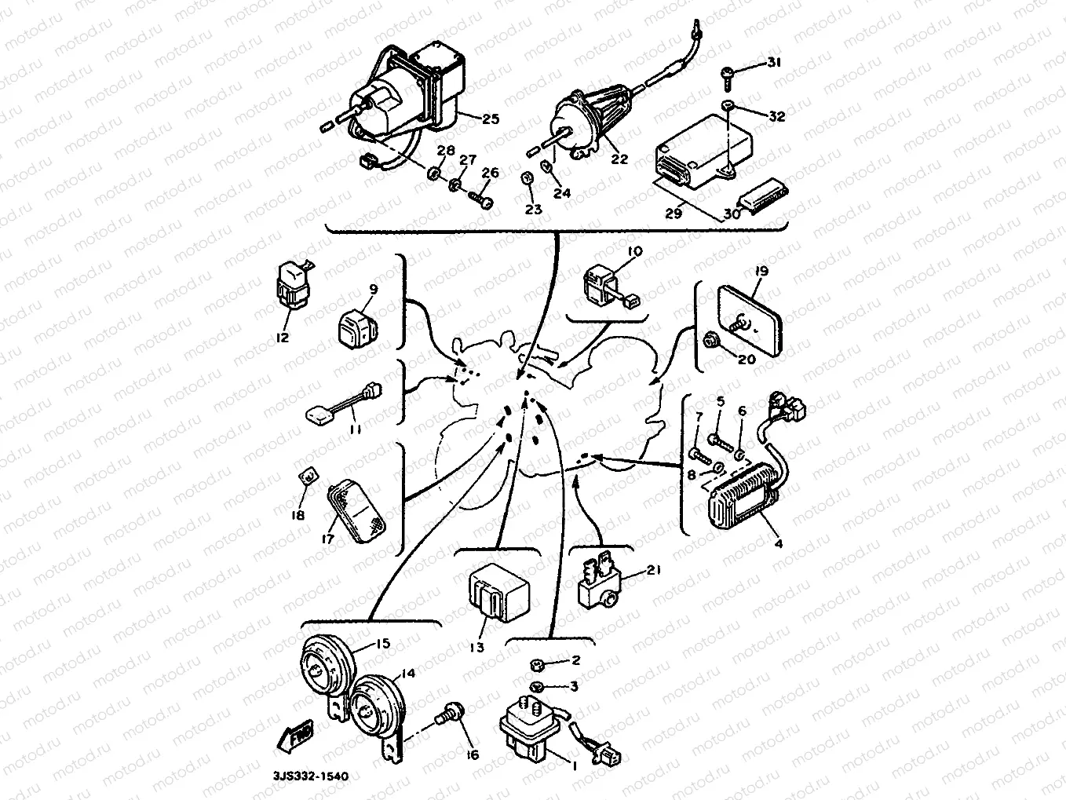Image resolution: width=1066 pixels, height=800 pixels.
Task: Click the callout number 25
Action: tap(491, 119)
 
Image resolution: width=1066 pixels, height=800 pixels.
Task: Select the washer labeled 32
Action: tap(728, 107)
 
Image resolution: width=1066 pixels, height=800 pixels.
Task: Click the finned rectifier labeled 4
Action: tap(744, 495)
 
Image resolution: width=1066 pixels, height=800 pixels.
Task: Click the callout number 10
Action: tap(635, 251)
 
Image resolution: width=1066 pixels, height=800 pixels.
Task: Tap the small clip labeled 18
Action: tap(309, 476)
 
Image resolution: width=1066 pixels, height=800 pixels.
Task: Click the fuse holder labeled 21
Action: tap(602, 584)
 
